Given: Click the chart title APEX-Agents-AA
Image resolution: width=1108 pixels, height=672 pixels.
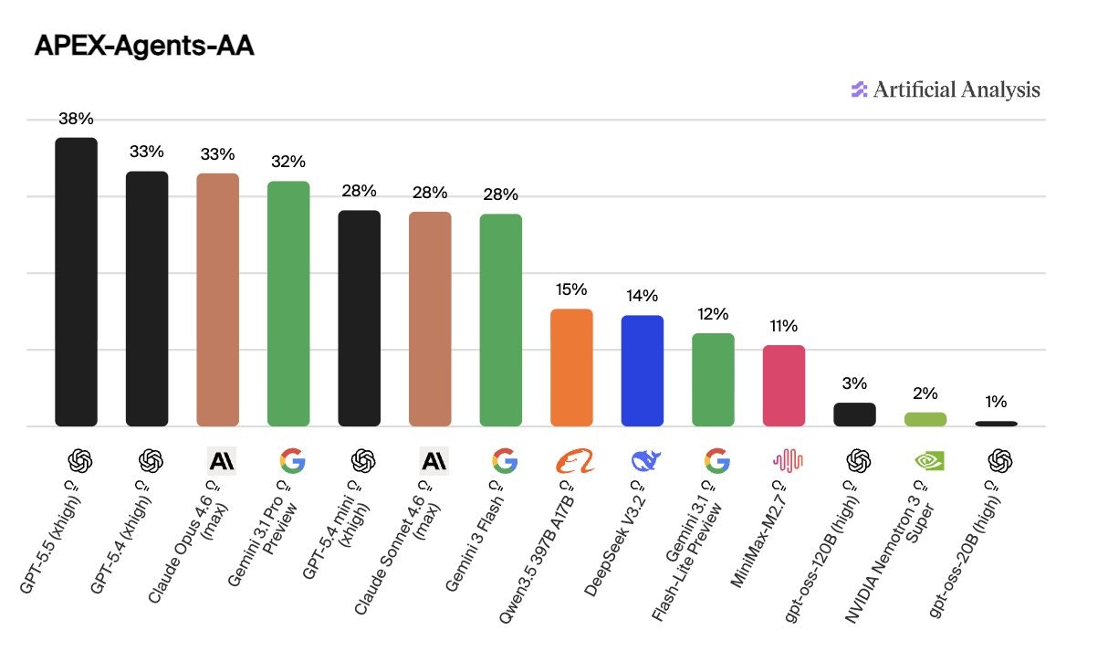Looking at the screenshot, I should tap(143, 47).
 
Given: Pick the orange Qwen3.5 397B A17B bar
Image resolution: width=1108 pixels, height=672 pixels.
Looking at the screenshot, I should tap(571, 367).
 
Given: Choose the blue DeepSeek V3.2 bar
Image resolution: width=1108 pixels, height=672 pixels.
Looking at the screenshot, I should tap(643, 371).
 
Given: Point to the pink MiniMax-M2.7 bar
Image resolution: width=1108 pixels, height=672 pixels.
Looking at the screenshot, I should tap(784, 385).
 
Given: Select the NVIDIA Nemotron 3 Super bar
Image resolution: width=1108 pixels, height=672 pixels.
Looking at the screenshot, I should tap(925, 419).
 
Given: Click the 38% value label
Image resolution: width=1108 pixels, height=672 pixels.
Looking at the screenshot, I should tap(76, 119).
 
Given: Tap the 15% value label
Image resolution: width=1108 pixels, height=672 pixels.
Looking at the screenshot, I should tap(571, 290).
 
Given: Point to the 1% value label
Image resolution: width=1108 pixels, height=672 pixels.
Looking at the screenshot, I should tap(996, 402).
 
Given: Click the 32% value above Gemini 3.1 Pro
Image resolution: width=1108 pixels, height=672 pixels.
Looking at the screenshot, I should tap(288, 163).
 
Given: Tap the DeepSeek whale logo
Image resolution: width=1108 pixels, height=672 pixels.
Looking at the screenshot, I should tap(645, 461).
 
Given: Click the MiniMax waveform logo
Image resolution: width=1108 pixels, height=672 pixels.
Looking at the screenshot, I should tap(787, 461).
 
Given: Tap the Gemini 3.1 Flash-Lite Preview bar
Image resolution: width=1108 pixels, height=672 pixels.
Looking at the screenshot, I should tap(713, 379).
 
